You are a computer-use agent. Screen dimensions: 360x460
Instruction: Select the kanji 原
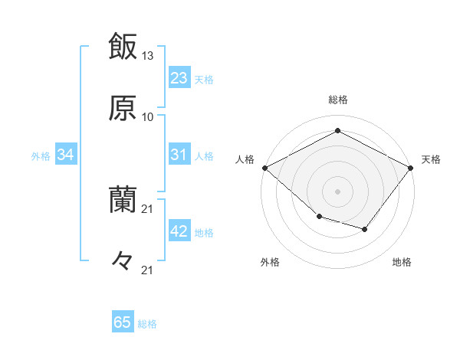[123, 109]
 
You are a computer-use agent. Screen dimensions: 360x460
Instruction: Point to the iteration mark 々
[123, 261]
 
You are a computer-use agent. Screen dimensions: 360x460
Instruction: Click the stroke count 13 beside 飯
[148, 56]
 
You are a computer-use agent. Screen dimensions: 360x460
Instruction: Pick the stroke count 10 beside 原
[148, 117]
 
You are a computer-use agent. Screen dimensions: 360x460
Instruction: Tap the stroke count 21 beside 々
[148, 270]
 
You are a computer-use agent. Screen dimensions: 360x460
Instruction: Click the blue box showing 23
[179, 78]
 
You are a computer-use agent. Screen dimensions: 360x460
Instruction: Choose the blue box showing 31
[179, 155]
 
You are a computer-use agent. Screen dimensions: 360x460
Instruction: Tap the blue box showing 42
[179, 231]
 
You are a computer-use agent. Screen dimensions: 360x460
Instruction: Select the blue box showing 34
[66, 155]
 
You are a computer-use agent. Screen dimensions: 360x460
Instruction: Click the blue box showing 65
[123, 322]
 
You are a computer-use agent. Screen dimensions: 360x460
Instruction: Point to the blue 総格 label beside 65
[147, 324]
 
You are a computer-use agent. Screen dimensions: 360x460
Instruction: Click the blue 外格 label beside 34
[41, 156]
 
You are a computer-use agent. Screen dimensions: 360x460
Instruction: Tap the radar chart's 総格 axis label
[337, 100]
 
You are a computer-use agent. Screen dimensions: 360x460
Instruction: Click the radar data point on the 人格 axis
[264, 167]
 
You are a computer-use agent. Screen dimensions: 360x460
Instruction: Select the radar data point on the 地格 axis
[365, 229]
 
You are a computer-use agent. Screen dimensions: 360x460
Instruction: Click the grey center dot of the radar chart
[337, 191]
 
